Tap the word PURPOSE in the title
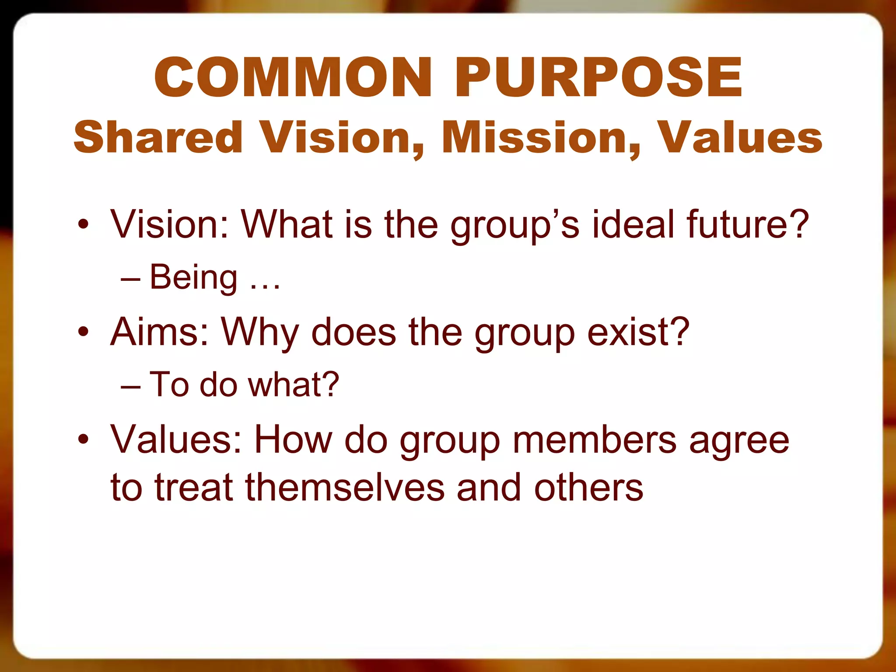click(598, 78)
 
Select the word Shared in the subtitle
click(158, 137)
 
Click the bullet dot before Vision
click(83, 225)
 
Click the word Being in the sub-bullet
click(193, 277)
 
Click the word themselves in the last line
click(345, 487)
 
